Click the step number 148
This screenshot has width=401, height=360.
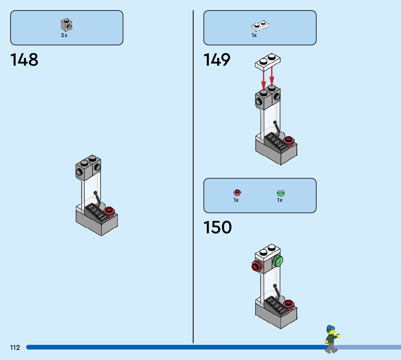(24, 60)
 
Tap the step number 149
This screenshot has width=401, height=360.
(217, 60)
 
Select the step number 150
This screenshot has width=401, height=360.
(218, 228)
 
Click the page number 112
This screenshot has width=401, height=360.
(15, 348)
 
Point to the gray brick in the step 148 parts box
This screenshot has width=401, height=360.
(66, 25)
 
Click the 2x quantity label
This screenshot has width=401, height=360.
(64, 36)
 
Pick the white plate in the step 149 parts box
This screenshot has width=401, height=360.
(260, 26)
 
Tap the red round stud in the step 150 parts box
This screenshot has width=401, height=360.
(237, 192)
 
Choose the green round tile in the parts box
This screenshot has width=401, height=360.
(281, 193)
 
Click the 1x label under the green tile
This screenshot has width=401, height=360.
(280, 200)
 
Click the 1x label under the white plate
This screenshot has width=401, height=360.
(254, 36)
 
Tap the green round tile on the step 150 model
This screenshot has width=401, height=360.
(278, 261)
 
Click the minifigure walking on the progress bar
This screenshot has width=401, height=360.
(331, 339)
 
